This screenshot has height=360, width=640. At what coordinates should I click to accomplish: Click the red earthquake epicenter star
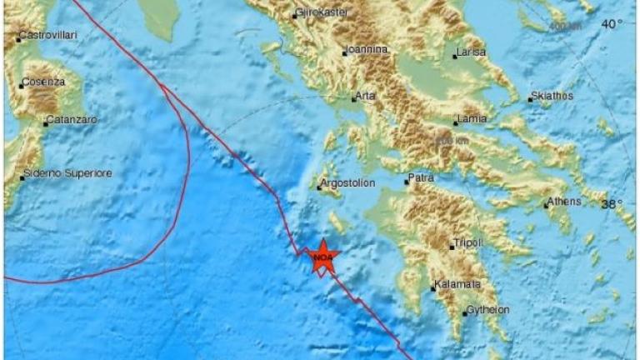coord(322,258)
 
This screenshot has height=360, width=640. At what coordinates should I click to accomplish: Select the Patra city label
coord(421,178)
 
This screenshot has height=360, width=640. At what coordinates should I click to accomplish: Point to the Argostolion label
coord(349,183)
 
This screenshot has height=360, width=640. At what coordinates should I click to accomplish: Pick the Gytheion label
coord(488,310)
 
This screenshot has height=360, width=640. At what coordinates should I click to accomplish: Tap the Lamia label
coord(472,119)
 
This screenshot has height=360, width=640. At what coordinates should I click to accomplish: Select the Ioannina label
coord(369,50)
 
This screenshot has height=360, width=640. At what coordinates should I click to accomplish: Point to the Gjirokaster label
coord(324,12)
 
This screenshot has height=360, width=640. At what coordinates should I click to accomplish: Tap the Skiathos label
coord(553,96)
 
